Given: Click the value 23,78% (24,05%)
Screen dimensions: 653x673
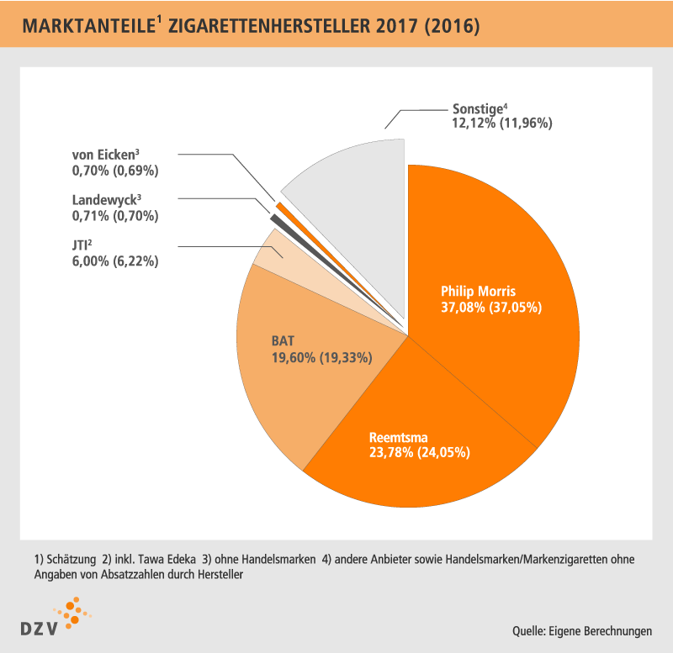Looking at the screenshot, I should tap(419, 452).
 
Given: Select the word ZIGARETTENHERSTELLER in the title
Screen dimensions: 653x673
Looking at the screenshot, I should tap(268, 26).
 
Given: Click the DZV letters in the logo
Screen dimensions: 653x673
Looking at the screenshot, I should tap(39, 629).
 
